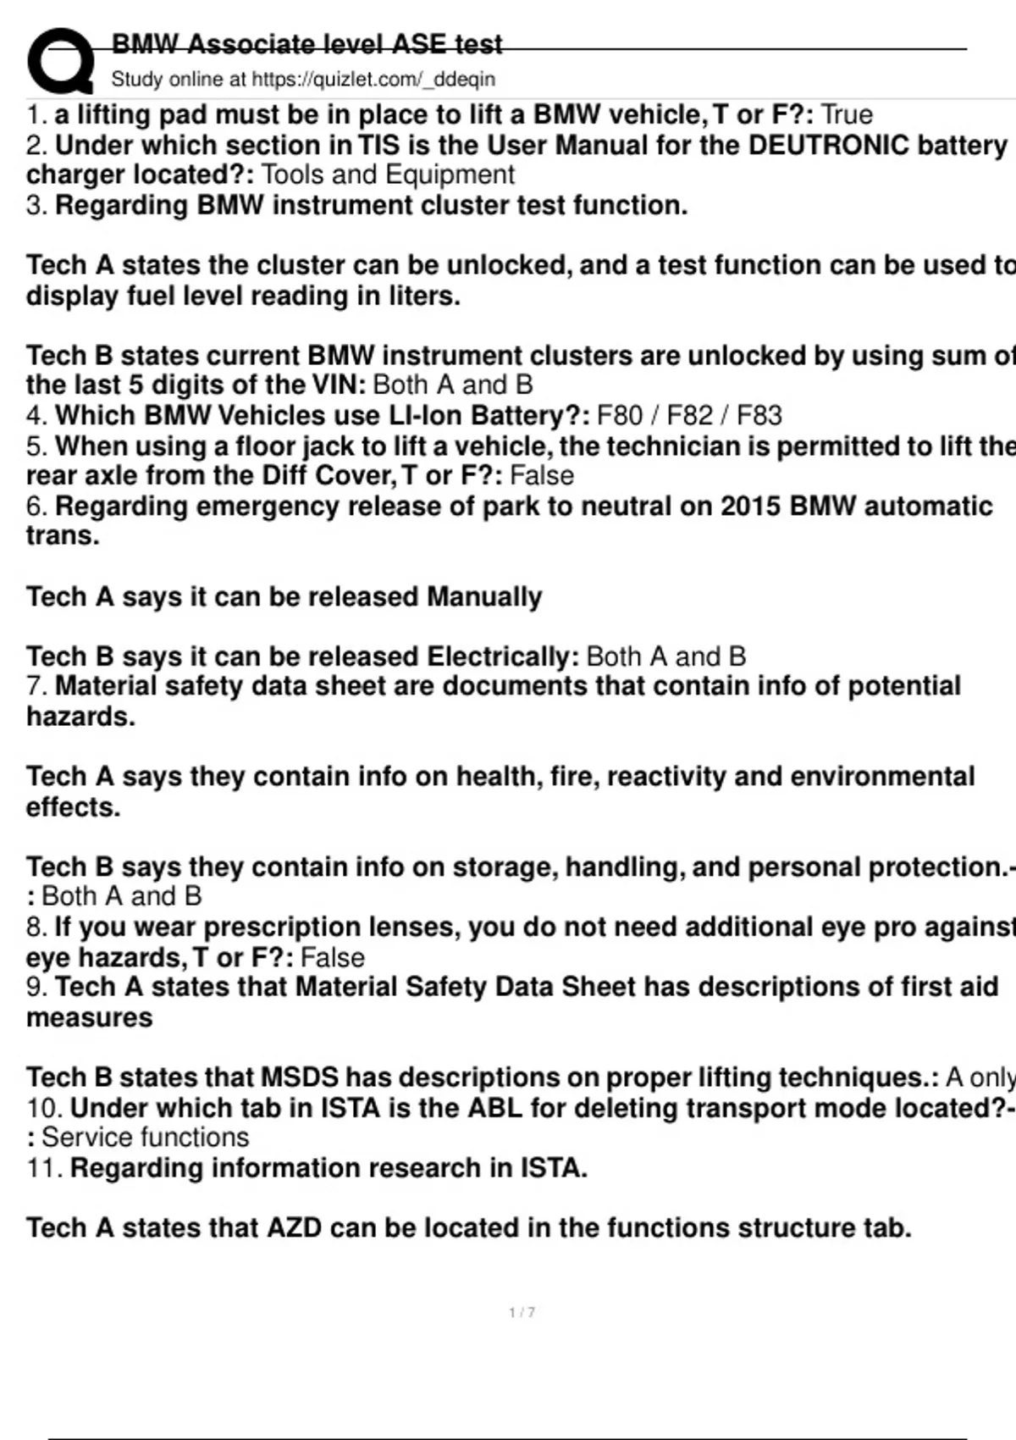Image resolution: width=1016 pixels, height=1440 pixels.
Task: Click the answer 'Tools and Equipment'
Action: (x=388, y=174)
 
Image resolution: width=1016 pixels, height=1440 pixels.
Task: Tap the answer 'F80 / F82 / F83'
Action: (x=689, y=416)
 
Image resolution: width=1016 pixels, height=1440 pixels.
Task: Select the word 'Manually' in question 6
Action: (x=483, y=596)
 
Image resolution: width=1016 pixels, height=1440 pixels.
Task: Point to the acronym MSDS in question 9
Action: (x=300, y=1077)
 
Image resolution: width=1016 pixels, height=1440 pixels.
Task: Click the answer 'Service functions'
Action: (x=146, y=1138)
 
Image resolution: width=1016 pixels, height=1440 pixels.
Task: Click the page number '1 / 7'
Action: (x=522, y=1312)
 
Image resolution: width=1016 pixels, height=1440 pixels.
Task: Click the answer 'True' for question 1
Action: (x=847, y=114)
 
